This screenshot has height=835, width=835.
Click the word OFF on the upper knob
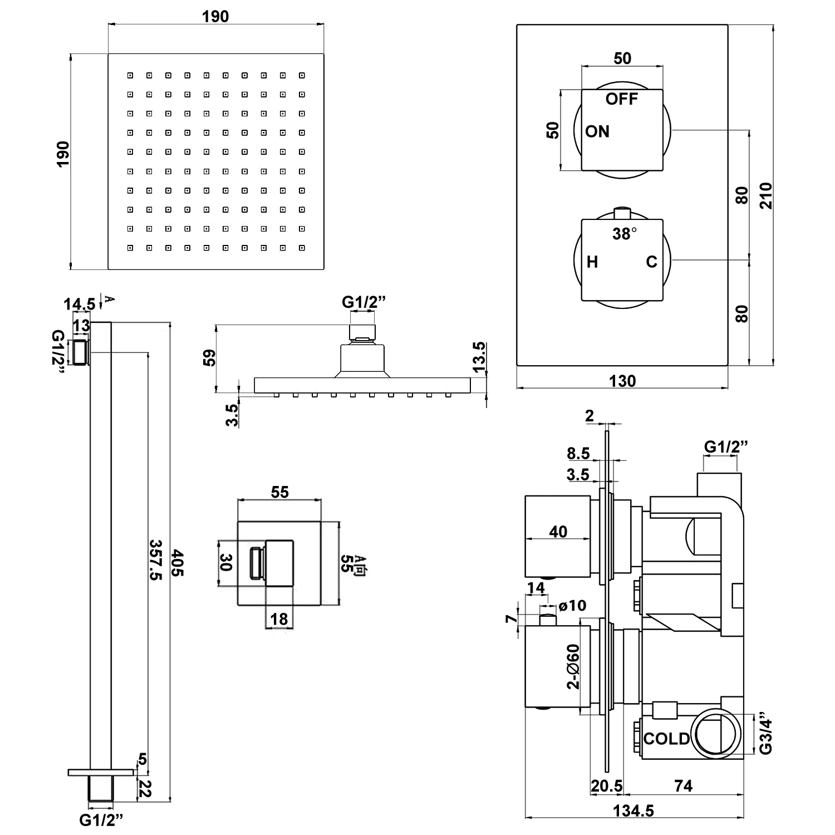pos(621,99)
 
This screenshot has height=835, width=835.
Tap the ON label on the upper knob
pos(597,132)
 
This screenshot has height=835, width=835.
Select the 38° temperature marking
pos(624,234)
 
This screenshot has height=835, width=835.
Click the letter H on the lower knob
pos(592,262)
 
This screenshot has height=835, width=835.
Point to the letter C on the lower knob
pos(651,262)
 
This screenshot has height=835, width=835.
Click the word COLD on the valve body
pos(666,739)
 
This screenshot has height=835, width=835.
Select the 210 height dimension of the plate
pos(767,195)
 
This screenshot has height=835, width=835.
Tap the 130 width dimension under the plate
pos(622,381)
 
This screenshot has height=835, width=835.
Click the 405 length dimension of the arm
pos(177,562)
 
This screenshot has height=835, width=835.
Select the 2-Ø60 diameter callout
pos(573,666)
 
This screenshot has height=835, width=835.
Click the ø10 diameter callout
pos(572,605)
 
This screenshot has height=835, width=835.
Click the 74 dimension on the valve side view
pos(683,785)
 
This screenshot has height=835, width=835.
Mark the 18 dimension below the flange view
pos(279,618)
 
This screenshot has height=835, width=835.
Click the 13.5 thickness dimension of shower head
pos(479,357)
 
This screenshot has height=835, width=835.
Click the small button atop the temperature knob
pos(622,213)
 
